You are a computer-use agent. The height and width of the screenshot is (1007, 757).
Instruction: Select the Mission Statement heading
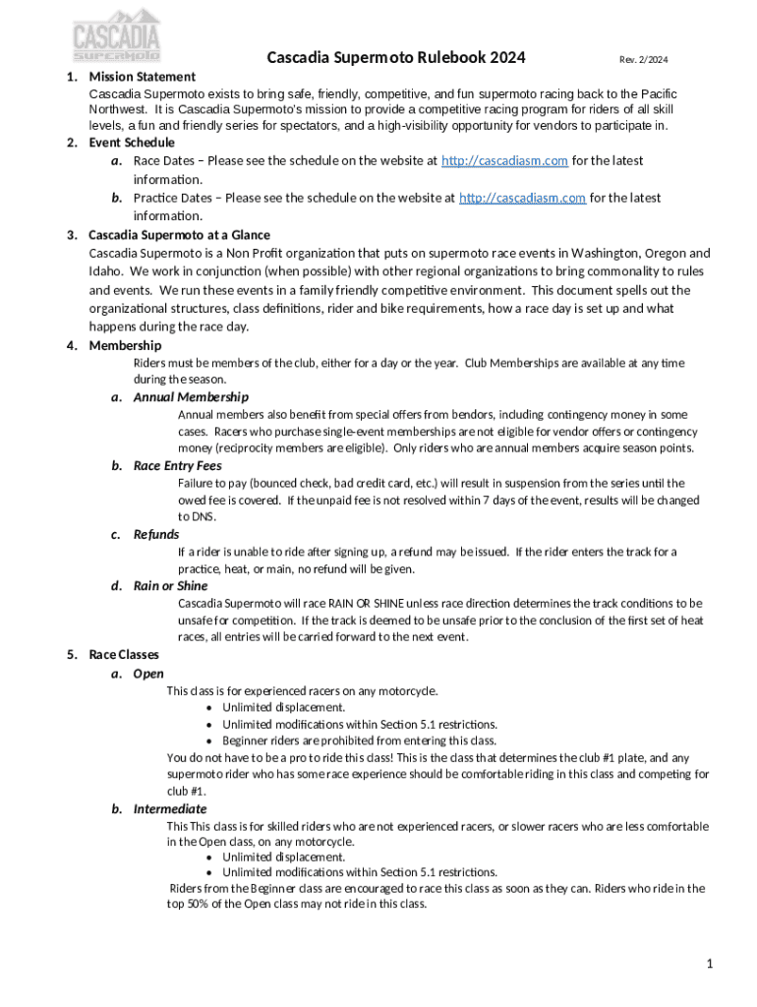142,76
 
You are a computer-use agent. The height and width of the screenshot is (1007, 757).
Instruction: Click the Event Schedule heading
132,143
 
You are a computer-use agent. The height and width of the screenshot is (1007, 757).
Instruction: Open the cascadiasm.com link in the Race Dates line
504,160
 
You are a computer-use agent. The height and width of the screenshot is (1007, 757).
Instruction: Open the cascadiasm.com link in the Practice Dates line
523,198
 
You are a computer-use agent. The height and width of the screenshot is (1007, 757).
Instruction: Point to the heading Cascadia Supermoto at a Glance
179,235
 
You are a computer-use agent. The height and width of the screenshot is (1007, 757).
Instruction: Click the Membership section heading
125,345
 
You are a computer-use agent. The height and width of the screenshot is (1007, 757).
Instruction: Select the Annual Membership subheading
191,397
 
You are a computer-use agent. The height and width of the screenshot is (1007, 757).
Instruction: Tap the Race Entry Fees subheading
177,466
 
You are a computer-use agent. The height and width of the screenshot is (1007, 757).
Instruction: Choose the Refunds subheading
156,534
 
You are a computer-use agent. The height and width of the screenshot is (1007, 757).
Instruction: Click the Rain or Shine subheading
171,586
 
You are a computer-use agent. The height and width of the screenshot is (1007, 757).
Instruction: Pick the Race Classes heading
124,654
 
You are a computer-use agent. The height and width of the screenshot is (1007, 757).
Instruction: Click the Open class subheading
148,674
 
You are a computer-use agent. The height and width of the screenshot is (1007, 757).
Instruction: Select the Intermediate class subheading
170,809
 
